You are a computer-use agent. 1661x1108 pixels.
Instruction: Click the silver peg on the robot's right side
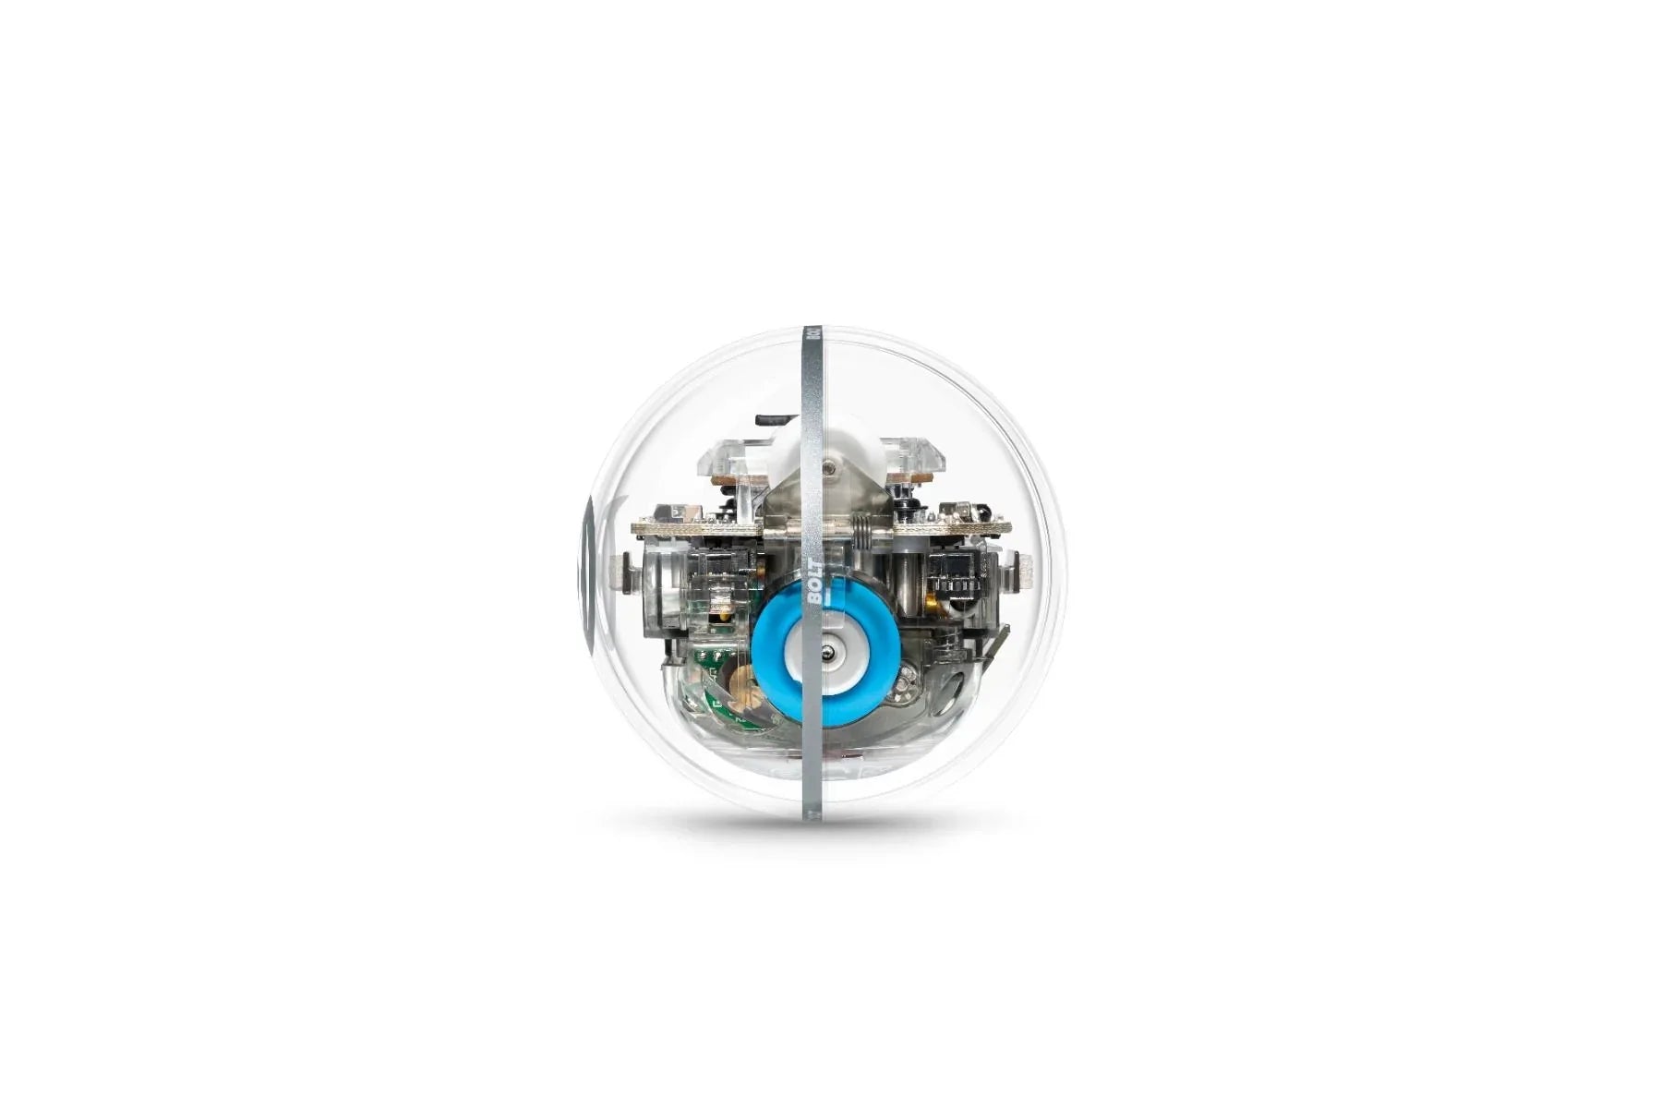point(1023,572)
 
